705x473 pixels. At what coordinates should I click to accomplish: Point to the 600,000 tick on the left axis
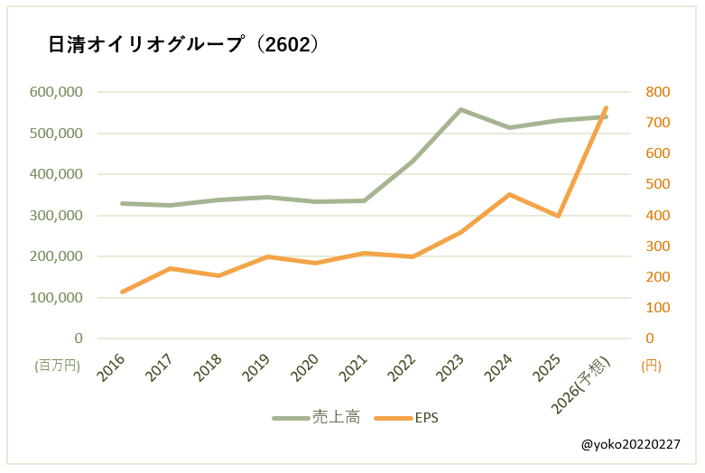tap(56, 92)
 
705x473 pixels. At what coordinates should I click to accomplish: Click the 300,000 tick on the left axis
tap(56, 216)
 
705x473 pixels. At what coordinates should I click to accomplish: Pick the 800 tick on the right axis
tap(656, 92)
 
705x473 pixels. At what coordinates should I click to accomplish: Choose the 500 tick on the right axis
tap(656, 184)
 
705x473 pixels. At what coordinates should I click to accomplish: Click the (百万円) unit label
tap(58, 366)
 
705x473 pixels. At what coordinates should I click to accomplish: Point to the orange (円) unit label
tap(651, 366)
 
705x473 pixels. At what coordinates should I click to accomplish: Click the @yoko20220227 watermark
tap(631, 445)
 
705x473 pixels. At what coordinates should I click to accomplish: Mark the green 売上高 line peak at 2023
tap(460, 110)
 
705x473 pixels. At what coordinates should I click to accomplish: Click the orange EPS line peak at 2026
tap(606, 107)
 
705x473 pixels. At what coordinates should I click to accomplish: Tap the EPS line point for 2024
tap(510, 194)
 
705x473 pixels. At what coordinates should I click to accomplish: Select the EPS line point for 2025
tap(558, 217)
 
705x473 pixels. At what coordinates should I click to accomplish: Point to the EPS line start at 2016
tap(122, 292)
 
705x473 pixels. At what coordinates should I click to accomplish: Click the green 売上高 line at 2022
tap(413, 162)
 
